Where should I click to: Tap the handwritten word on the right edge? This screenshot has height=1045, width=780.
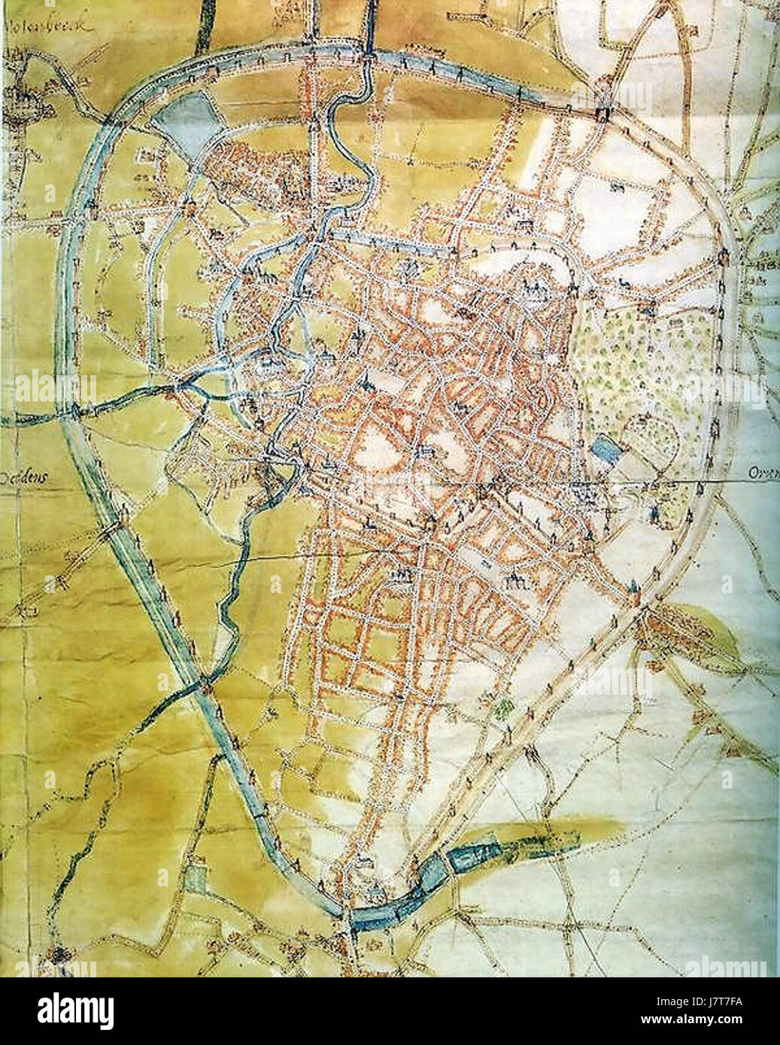[763, 474]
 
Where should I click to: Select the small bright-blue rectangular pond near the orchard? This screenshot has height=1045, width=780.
[604, 449]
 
